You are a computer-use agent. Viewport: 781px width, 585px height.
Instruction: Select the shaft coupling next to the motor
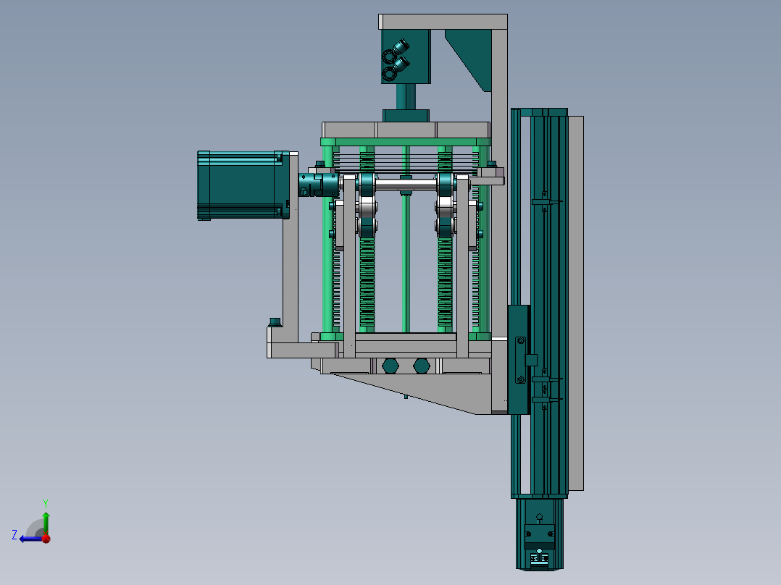318,184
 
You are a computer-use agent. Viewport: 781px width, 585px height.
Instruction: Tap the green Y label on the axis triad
46,503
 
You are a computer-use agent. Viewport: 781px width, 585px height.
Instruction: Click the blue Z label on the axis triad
14,535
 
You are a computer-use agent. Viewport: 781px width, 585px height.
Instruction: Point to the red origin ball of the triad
46,538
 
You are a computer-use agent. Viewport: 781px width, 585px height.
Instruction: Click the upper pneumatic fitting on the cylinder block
401,47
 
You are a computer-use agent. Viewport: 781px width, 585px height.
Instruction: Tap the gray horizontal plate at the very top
443,22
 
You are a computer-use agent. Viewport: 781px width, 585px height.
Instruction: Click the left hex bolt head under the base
390,366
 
